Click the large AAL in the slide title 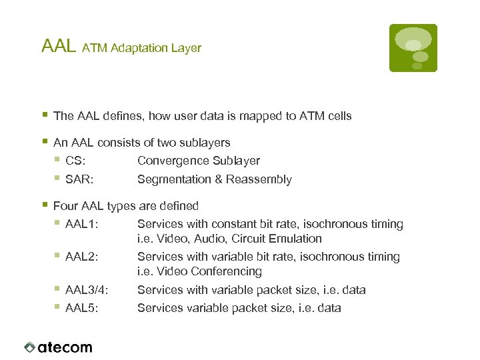(59, 46)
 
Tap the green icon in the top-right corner (413, 48)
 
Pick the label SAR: (79, 179)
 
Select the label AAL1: (83, 224)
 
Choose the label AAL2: (83, 257)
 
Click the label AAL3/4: (87, 290)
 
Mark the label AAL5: (83, 308)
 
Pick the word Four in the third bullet (65, 206)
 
